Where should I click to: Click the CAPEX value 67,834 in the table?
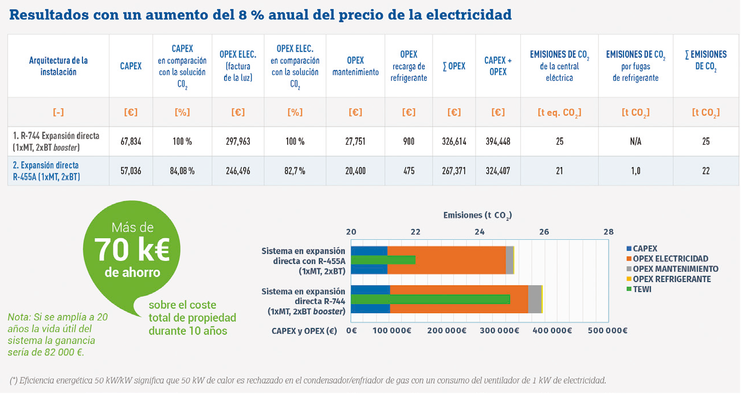coord(131,141)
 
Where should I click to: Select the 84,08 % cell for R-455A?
coord(182,171)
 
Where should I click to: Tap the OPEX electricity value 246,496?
coord(238,171)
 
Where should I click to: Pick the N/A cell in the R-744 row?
coord(636,141)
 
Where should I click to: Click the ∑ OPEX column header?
coord(454,66)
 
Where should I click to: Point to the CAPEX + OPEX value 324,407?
coord(498,171)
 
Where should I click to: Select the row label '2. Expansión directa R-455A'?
coord(46,171)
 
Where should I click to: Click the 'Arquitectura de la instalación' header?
coord(58,66)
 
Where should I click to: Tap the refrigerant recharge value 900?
coord(409,141)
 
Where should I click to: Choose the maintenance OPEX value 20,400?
coord(355,171)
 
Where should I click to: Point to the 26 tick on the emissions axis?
coord(544,232)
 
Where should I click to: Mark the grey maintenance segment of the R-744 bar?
coord(534,299)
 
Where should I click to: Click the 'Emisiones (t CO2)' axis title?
coord(477,216)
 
